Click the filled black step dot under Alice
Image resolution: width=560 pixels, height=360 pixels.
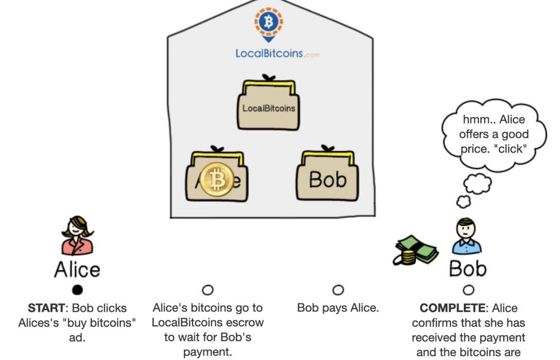click(x=77, y=290)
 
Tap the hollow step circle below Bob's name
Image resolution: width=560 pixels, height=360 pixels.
click(x=469, y=290)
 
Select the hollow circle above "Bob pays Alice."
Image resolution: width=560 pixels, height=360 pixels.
click(x=338, y=290)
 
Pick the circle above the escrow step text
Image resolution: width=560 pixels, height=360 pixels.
click(x=208, y=290)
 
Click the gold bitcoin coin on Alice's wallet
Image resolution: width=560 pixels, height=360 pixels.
click(x=217, y=179)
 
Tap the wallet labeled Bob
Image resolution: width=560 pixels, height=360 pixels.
click(x=328, y=178)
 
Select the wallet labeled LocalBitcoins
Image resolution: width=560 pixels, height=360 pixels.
click(x=268, y=107)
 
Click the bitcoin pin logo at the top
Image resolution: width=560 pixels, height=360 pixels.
click(x=268, y=22)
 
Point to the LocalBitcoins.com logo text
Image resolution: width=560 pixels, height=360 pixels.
click(x=277, y=53)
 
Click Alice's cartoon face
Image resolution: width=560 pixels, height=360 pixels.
click(x=78, y=228)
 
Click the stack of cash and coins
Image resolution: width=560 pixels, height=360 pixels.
click(x=414, y=250)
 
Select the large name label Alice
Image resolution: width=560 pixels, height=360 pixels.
click(x=77, y=269)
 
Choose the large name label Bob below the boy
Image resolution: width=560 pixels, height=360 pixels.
click(x=467, y=268)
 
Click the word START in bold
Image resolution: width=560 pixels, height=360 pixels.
click(x=46, y=308)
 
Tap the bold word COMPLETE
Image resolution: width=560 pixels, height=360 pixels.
click(x=455, y=308)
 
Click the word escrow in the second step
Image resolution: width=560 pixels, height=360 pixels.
click(x=246, y=322)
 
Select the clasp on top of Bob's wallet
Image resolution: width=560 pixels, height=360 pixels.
click(x=328, y=148)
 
